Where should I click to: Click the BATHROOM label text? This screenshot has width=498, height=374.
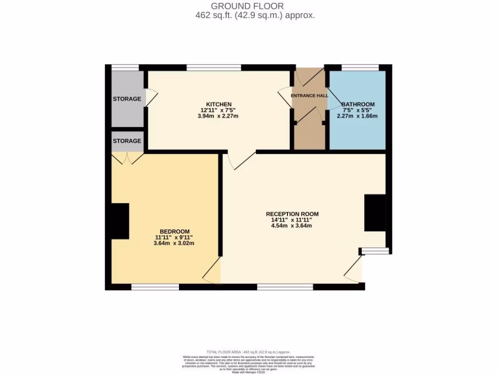tap(358, 104)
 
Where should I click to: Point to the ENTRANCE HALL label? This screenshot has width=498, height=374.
tap(309, 95)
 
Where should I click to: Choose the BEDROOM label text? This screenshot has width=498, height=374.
tap(175, 231)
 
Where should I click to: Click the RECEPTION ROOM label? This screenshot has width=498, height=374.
tap(292, 214)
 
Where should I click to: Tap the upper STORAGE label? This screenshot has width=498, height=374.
tap(127, 99)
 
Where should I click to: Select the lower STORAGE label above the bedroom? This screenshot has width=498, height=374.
tap(127, 141)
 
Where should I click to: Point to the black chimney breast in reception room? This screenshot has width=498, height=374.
tap(375, 213)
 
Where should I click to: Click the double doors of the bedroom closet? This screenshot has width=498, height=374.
tap(127, 158)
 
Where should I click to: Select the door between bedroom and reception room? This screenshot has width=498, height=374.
tap(212, 271)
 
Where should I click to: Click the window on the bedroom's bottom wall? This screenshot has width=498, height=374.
tap(155, 287)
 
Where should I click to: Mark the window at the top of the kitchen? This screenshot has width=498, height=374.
tap(214, 68)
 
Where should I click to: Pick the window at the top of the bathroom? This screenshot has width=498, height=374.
tap(360, 68)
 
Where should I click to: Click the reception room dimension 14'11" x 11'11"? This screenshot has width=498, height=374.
tap(292, 220)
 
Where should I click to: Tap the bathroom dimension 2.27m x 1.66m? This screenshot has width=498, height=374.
tap(358, 116)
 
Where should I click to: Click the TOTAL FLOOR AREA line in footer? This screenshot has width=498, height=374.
tap(249, 352)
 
